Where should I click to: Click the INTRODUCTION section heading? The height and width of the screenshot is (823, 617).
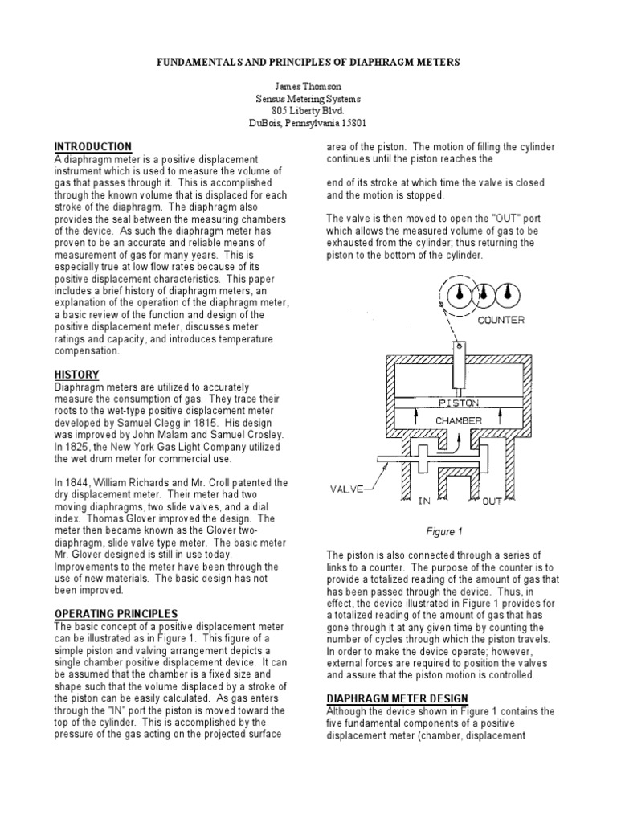pyautogui.click(x=93, y=147)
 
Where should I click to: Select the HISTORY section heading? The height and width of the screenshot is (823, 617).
pyautogui.click(x=76, y=375)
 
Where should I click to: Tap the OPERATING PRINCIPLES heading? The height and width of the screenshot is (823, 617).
pyautogui.click(x=116, y=614)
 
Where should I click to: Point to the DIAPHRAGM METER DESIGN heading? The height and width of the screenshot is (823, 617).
pyautogui.click(x=398, y=698)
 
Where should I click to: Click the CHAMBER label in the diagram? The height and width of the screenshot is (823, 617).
pyautogui.click(x=459, y=420)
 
